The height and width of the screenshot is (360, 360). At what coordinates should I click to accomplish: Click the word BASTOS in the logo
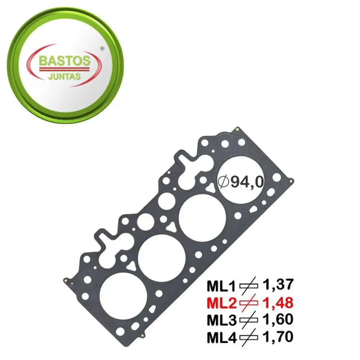pos(64,61)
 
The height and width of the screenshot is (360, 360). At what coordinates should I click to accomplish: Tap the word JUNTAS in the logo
pos(64,76)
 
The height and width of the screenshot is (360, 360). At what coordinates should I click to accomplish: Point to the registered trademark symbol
pos(102,49)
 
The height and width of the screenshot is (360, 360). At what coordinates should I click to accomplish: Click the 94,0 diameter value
pos(247,183)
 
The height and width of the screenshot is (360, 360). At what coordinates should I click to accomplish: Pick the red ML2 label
pos(221,303)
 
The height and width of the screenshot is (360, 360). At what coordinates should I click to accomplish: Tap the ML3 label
pos(221,320)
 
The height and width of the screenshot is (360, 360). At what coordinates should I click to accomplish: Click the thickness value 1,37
pos(278,285)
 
